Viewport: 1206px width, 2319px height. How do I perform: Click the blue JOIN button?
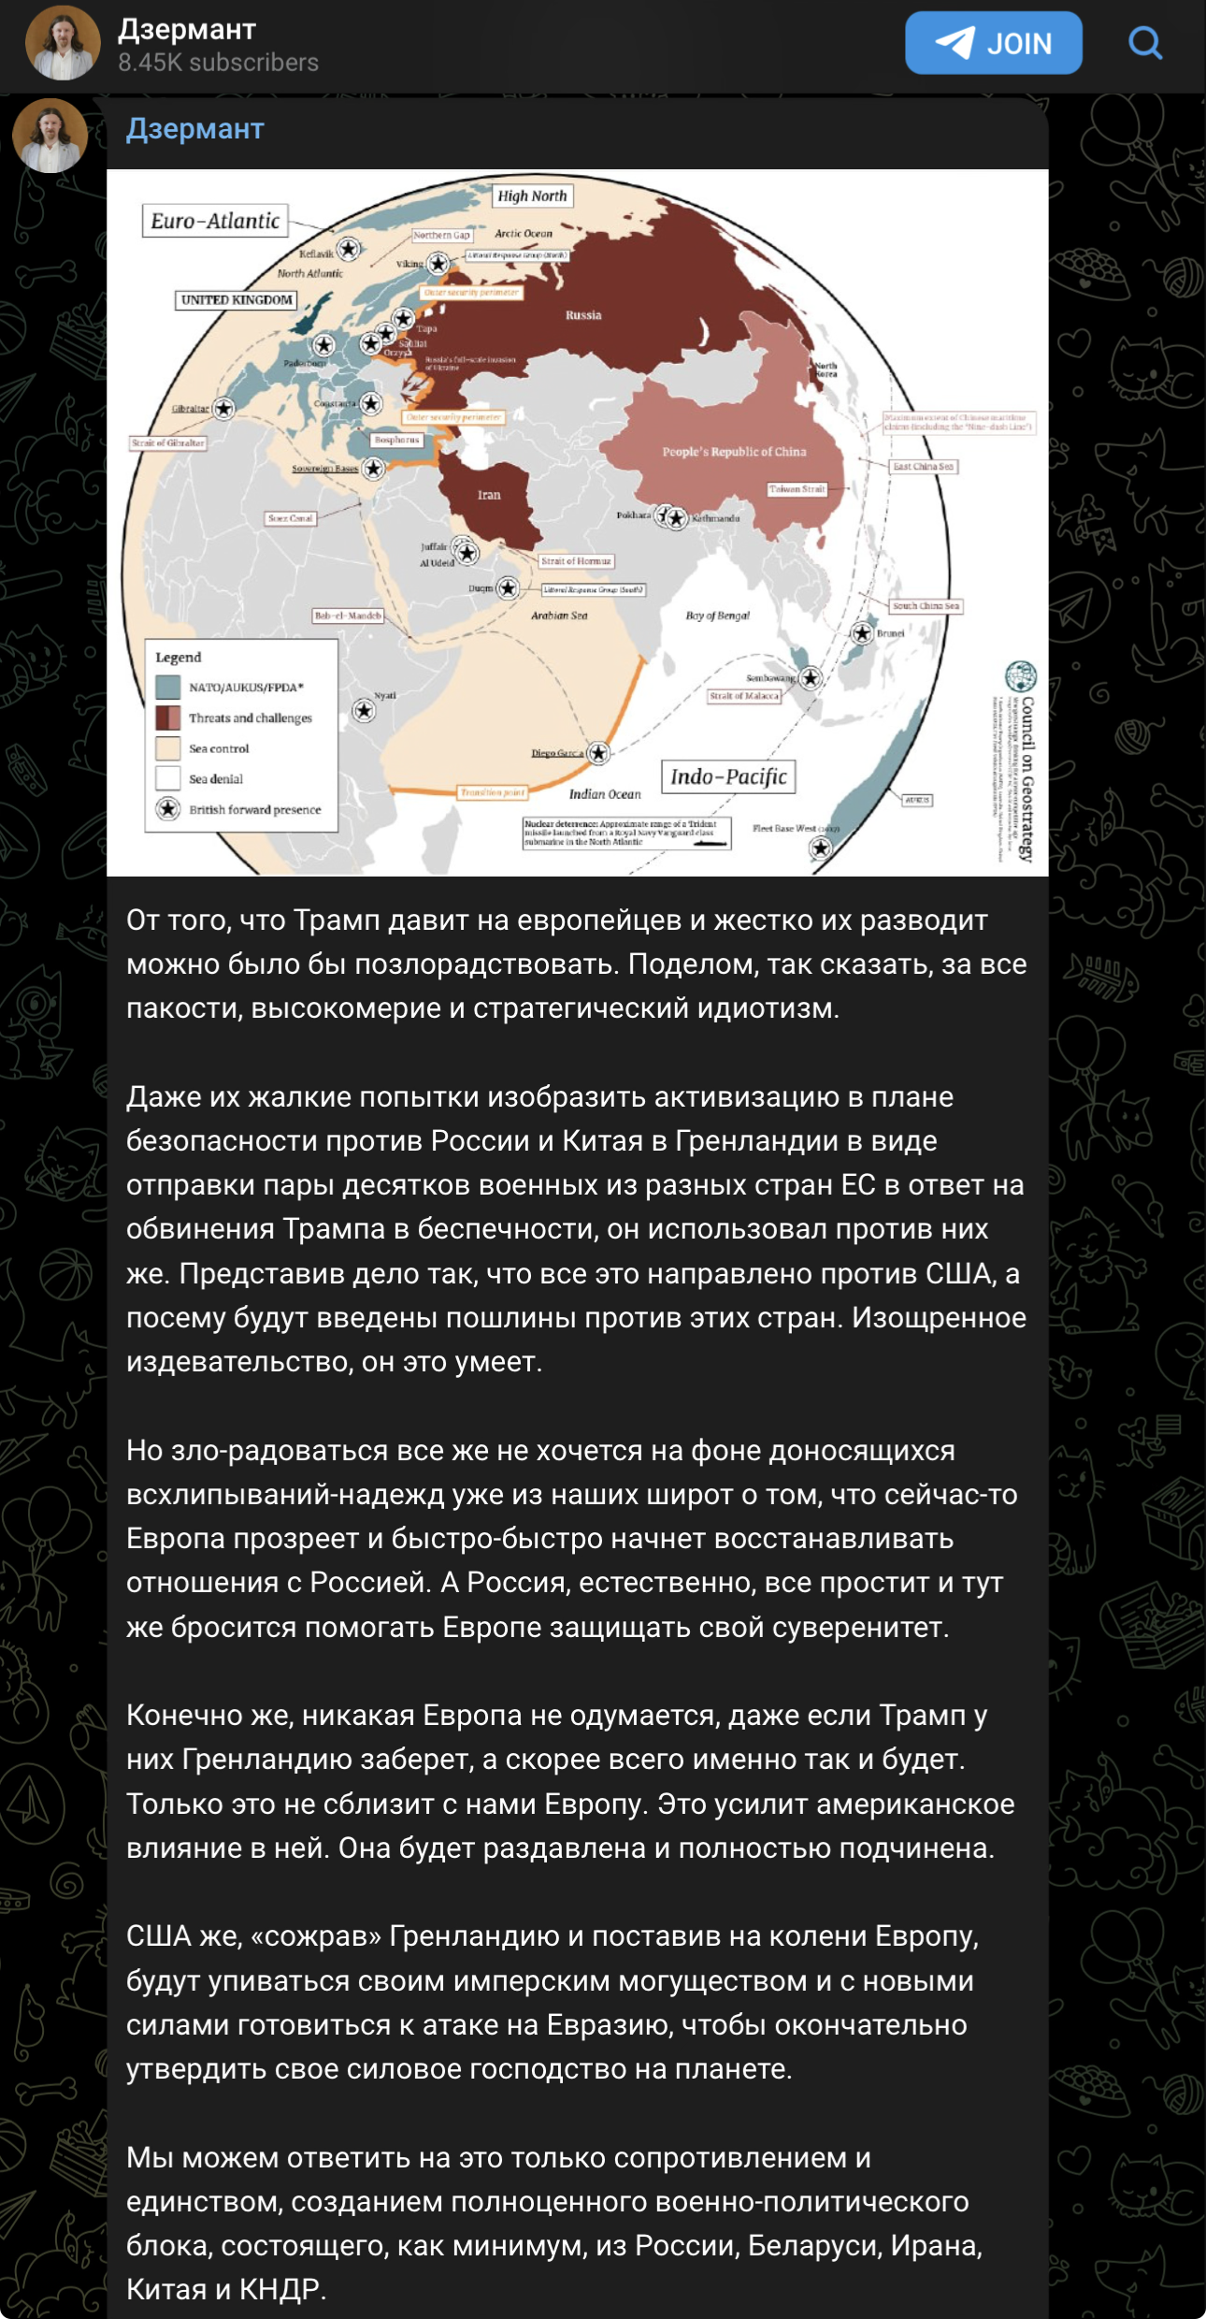pos(993,43)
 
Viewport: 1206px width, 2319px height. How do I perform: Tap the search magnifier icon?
pos(1144,43)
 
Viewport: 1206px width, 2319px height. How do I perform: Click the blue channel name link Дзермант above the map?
pos(195,129)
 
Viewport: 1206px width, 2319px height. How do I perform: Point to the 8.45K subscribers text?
pos(218,63)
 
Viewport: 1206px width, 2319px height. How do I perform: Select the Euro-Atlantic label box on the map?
pos(215,221)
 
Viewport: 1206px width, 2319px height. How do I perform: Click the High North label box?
pos(532,196)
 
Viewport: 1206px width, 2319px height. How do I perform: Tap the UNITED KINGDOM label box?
pos(237,300)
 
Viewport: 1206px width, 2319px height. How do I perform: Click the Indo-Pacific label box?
pos(728,776)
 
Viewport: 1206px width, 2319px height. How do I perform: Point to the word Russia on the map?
pos(582,315)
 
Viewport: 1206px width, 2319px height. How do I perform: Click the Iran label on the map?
pos(489,495)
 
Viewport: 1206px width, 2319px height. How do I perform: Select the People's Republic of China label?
pos(734,452)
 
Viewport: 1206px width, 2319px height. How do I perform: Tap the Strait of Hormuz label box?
pos(576,561)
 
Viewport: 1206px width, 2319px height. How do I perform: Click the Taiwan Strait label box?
pos(797,488)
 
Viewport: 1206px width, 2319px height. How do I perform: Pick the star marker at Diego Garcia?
pos(598,753)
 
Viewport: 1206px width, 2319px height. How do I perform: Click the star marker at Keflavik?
pos(349,249)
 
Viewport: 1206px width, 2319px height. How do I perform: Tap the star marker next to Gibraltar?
pos(223,409)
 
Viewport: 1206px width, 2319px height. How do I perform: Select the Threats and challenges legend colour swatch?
pos(168,717)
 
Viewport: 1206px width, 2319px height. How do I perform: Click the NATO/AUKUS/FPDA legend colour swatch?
pos(168,688)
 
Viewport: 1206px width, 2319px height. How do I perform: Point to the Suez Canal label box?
pos(291,518)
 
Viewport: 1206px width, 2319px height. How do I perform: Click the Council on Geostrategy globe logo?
pos(1020,676)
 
